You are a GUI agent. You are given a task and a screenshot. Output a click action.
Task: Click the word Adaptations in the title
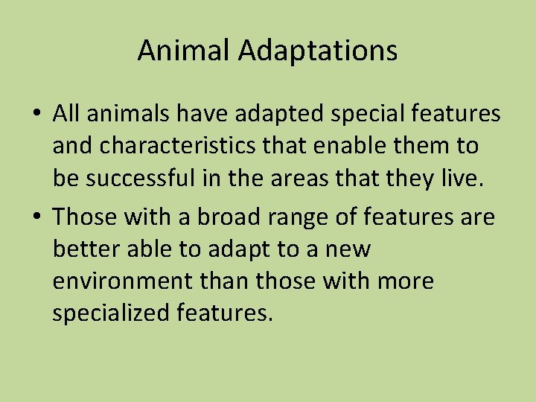pos(319,51)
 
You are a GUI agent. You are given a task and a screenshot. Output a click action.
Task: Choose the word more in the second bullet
pos(406,282)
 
